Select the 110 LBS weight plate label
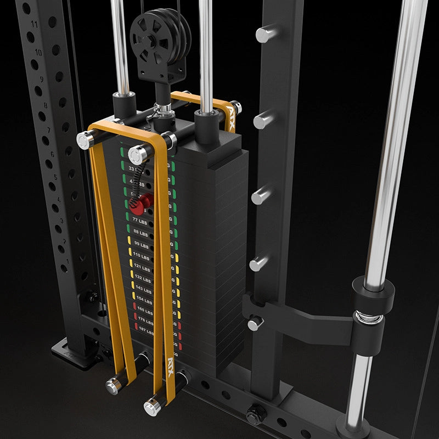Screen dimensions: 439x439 (142, 256)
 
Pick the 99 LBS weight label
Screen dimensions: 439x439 (142, 245)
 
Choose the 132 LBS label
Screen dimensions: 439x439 (143, 278)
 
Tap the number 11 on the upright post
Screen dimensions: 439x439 (35, 25)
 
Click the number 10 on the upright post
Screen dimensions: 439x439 (38, 53)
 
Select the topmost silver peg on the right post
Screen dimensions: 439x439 (266, 34)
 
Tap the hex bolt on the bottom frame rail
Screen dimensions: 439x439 (254, 415)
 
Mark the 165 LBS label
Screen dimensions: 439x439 (145, 310)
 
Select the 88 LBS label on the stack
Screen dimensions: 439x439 (142, 232)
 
